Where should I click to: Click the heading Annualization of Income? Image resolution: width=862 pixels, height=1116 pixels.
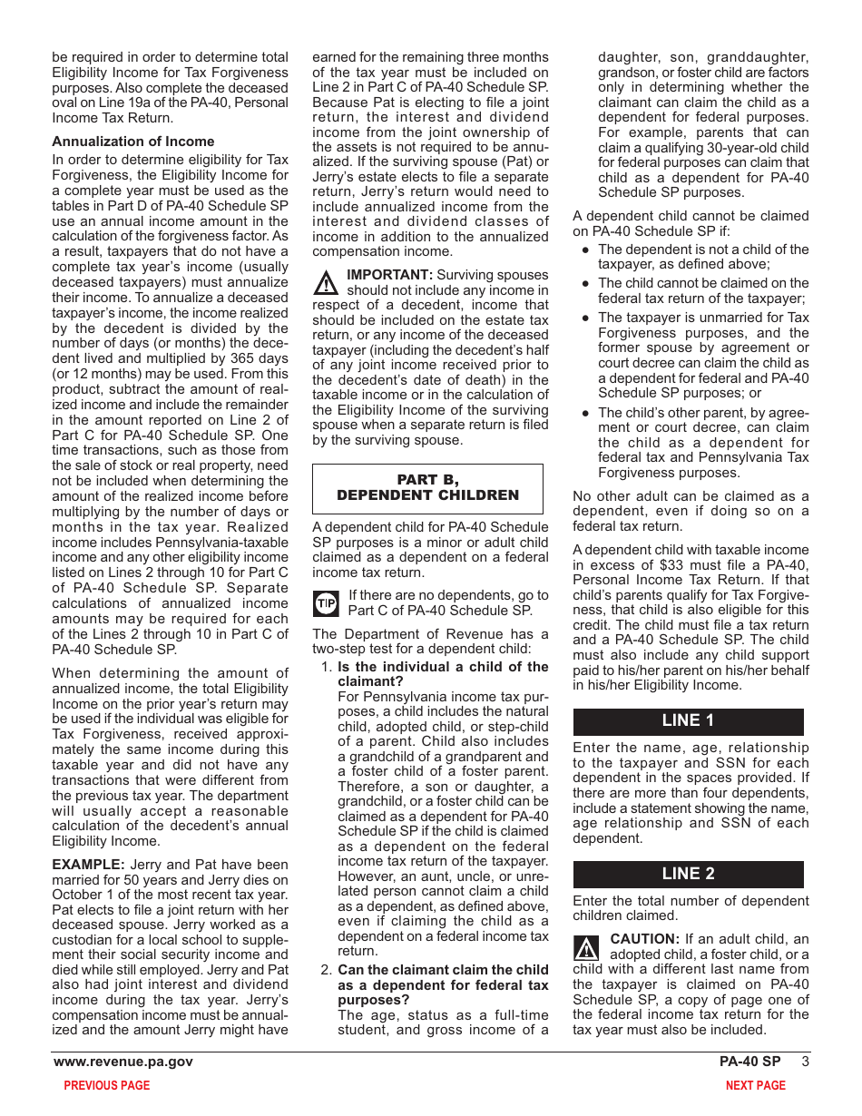[x=133, y=142]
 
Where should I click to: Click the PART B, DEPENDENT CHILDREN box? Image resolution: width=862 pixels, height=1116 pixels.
[x=427, y=488]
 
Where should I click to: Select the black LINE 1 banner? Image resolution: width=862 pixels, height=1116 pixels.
[x=688, y=720]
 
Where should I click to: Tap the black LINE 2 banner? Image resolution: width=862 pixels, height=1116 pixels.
[x=688, y=874]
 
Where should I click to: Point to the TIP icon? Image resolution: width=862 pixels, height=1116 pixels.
[x=326, y=603]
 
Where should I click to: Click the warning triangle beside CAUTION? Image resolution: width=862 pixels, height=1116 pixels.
[x=587, y=948]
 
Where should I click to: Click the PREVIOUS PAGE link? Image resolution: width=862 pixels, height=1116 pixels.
[x=107, y=1085]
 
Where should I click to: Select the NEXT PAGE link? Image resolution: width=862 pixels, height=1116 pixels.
[x=755, y=1085]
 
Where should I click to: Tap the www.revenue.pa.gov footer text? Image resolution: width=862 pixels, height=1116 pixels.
[x=123, y=1062]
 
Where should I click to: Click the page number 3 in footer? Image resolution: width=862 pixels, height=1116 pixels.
[x=805, y=1062]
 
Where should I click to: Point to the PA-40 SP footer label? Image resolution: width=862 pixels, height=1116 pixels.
[x=749, y=1062]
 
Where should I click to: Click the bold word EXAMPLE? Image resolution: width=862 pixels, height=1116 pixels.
[x=88, y=865]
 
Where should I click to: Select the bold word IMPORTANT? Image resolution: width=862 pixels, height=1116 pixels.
[x=389, y=275]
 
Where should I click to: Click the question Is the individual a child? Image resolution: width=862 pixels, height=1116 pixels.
[x=443, y=673]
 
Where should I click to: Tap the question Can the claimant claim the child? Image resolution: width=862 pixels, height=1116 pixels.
[x=443, y=984]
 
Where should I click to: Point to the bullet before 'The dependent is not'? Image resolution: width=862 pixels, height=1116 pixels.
[x=586, y=250]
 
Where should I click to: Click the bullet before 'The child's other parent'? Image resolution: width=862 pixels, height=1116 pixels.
[x=586, y=413]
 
